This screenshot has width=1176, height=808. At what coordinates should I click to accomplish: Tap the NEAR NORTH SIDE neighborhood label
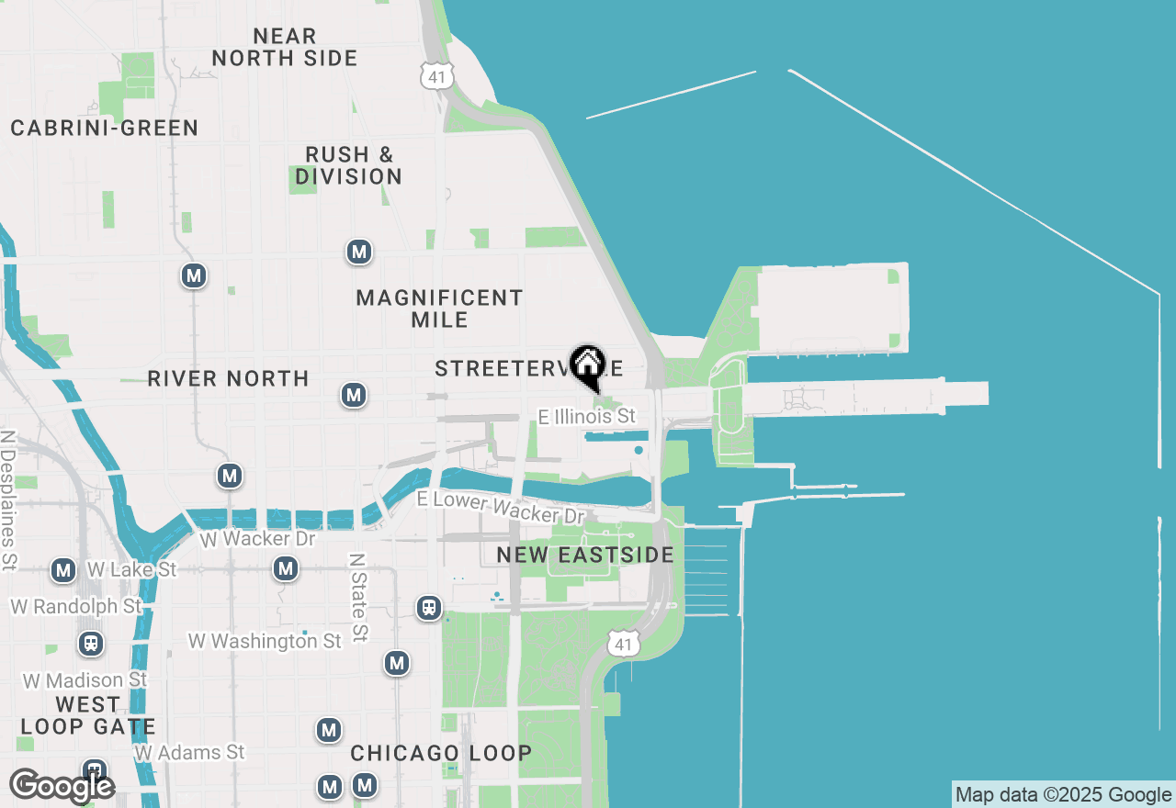pyautogui.click(x=285, y=47)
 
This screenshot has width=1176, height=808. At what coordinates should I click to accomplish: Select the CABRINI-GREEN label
pyautogui.click(x=105, y=128)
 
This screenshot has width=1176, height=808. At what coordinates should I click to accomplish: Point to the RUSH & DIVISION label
pyautogui.click(x=349, y=165)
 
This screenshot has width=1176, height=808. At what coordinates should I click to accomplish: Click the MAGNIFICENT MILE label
pyautogui.click(x=439, y=309)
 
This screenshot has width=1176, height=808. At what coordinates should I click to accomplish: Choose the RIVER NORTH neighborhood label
pyautogui.click(x=228, y=378)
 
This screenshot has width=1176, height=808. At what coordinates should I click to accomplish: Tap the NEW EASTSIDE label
pyautogui.click(x=585, y=555)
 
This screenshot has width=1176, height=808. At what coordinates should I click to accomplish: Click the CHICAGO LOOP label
pyautogui.click(x=441, y=753)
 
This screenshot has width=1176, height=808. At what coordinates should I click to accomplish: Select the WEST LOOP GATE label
pyautogui.click(x=87, y=716)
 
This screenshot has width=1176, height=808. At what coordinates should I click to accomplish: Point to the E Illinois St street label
pyautogui.click(x=587, y=417)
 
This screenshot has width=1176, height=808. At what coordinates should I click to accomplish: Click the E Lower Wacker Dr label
pyautogui.click(x=501, y=506)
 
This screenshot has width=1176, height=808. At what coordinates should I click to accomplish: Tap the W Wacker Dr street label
pyautogui.click(x=258, y=539)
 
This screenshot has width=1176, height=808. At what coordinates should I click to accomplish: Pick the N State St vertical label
pyautogui.click(x=358, y=597)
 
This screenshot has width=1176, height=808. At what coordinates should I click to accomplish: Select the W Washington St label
pyautogui.click(x=265, y=641)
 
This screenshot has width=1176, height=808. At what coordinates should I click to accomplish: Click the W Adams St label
pyautogui.click(x=190, y=753)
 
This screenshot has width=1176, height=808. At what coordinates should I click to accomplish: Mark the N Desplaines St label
pyautogui.click(x=9, y=500)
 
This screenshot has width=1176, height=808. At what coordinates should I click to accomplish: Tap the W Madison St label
pyautogui.click(x=85, y=680)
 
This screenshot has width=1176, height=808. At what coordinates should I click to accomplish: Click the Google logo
pyautogui.click(x=62, y=786)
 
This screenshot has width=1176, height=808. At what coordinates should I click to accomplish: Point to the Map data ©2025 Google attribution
pyautogui.click(x=1063, y=795)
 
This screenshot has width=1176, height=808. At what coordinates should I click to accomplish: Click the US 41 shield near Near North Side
pyautogui.click(x=437, y=76)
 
